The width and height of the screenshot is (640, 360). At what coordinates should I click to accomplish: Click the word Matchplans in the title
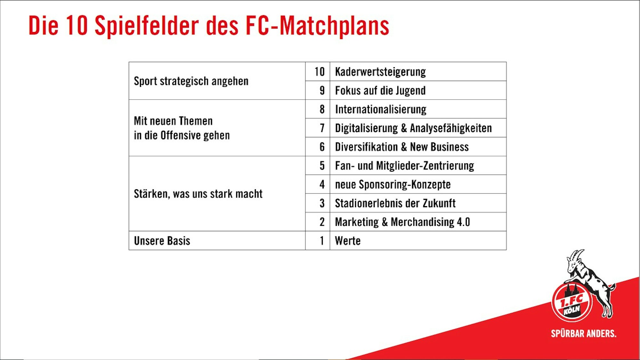point(335,26)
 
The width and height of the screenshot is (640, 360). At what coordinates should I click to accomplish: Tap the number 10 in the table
point(320,72)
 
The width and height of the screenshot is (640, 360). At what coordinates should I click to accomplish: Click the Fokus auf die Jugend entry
point(380,91)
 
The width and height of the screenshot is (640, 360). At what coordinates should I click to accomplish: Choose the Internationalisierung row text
point(381,110)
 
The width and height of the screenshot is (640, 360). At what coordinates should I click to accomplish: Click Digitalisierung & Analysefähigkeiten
point(413,128)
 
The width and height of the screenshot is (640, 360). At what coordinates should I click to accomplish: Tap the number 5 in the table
point(322,166)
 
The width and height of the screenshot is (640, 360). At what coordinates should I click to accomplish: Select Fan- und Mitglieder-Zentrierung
point(404,166)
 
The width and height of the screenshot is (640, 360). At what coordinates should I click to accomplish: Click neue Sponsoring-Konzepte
point(393,185)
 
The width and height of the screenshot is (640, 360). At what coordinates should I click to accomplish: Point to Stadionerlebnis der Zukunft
point(395,203)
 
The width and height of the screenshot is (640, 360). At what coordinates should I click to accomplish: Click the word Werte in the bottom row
point(348,241)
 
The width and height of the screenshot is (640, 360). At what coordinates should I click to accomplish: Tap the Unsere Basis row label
point(162,241)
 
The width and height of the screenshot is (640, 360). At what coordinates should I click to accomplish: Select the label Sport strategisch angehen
point(191,81)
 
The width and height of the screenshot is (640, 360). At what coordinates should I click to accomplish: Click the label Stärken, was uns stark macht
point(198,194)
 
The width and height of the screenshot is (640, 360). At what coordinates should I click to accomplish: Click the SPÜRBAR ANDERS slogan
point(584,333)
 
